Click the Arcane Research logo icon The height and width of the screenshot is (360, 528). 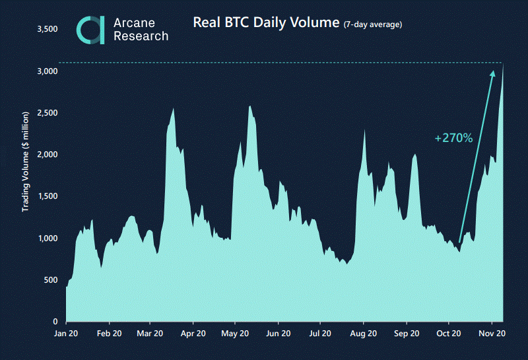[x=90, y=30]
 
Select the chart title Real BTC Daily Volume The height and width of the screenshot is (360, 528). [x=265, y=22]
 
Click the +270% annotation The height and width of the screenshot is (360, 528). [x=453, y=138]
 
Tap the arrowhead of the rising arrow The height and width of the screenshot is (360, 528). [x=492, y=73]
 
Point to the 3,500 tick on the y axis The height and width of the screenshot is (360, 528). [x=48, y=29]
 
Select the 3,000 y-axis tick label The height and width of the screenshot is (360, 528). [x=48, y=71]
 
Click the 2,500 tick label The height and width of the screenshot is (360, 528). [x=48, y=113]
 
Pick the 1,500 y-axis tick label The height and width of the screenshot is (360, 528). [x=48, y=196]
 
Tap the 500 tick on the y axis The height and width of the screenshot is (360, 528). [x=51, y=280]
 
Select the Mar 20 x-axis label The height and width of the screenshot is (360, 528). [x=150, y=334]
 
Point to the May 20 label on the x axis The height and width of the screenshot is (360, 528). [x=234, y=334]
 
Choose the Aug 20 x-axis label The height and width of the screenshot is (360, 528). [x=363, y=334]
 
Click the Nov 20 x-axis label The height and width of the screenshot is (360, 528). [x=492, y=334]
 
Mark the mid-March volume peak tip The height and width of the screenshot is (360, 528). [x=173, y=109]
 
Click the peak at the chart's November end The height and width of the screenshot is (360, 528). [x=503, y=65]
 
